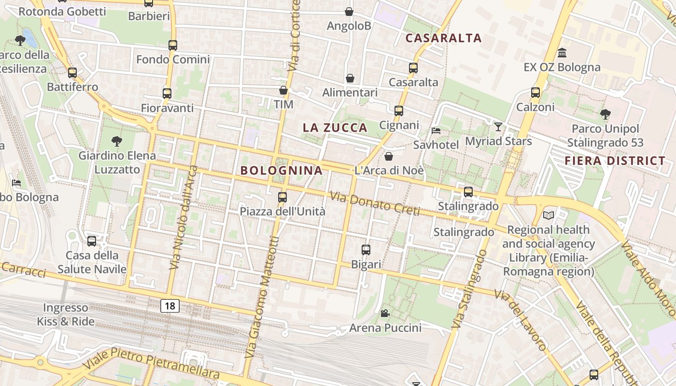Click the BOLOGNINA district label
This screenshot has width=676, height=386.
coord(282,170)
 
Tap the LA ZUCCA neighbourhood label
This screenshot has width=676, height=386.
coord(335,128)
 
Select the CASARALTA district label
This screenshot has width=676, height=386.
coord(444,38)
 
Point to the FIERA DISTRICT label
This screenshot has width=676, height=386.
coord(615,161)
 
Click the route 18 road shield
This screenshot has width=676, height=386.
coord(169,305)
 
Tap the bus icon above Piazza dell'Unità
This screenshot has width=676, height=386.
coord(282,197)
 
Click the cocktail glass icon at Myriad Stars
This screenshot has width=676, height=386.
coord(498,127)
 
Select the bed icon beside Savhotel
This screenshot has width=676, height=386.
coord(436,130)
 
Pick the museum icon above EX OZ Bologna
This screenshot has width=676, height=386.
coord(562,53)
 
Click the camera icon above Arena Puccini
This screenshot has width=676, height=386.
coord(385,314)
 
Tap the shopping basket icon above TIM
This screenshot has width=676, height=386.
coord(283,90)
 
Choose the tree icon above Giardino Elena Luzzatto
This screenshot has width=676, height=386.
coord(116,141)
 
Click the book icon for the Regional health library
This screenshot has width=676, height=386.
coord(548,215)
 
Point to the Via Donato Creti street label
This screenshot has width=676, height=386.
coord(375,204)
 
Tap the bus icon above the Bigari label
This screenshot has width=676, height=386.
coord(366,250)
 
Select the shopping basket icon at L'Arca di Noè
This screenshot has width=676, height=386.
coord(389,156)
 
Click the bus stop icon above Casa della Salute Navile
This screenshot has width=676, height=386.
coord(92,241)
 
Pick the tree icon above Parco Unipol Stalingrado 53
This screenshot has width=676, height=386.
coord(605,114)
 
